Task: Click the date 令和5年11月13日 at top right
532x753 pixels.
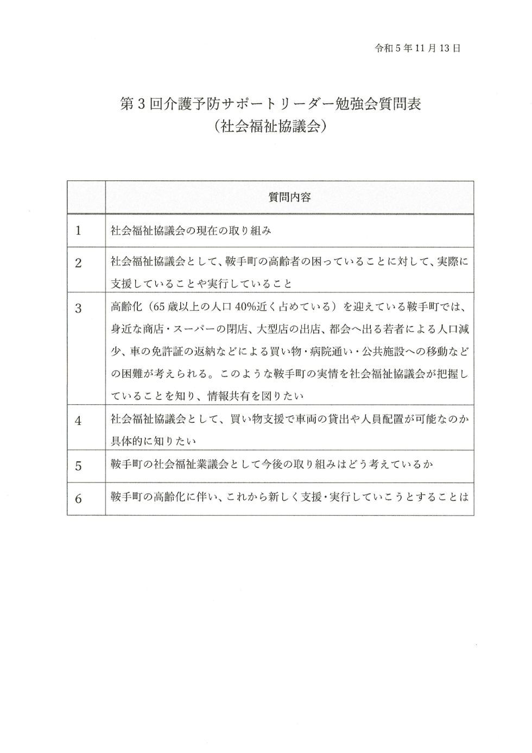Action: [417, 48]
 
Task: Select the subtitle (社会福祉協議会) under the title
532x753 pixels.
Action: [270, 126]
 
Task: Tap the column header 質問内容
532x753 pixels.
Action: [289, 197]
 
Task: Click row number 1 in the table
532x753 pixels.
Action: [78, 231]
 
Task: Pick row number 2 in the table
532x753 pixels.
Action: [78, 263]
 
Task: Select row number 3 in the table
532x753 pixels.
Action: [78, 308]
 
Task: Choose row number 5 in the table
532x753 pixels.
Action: [78, 466]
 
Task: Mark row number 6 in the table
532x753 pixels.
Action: [78, 498]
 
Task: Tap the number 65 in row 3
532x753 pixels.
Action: [159, 307]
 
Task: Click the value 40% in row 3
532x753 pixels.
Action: [238, 307]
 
